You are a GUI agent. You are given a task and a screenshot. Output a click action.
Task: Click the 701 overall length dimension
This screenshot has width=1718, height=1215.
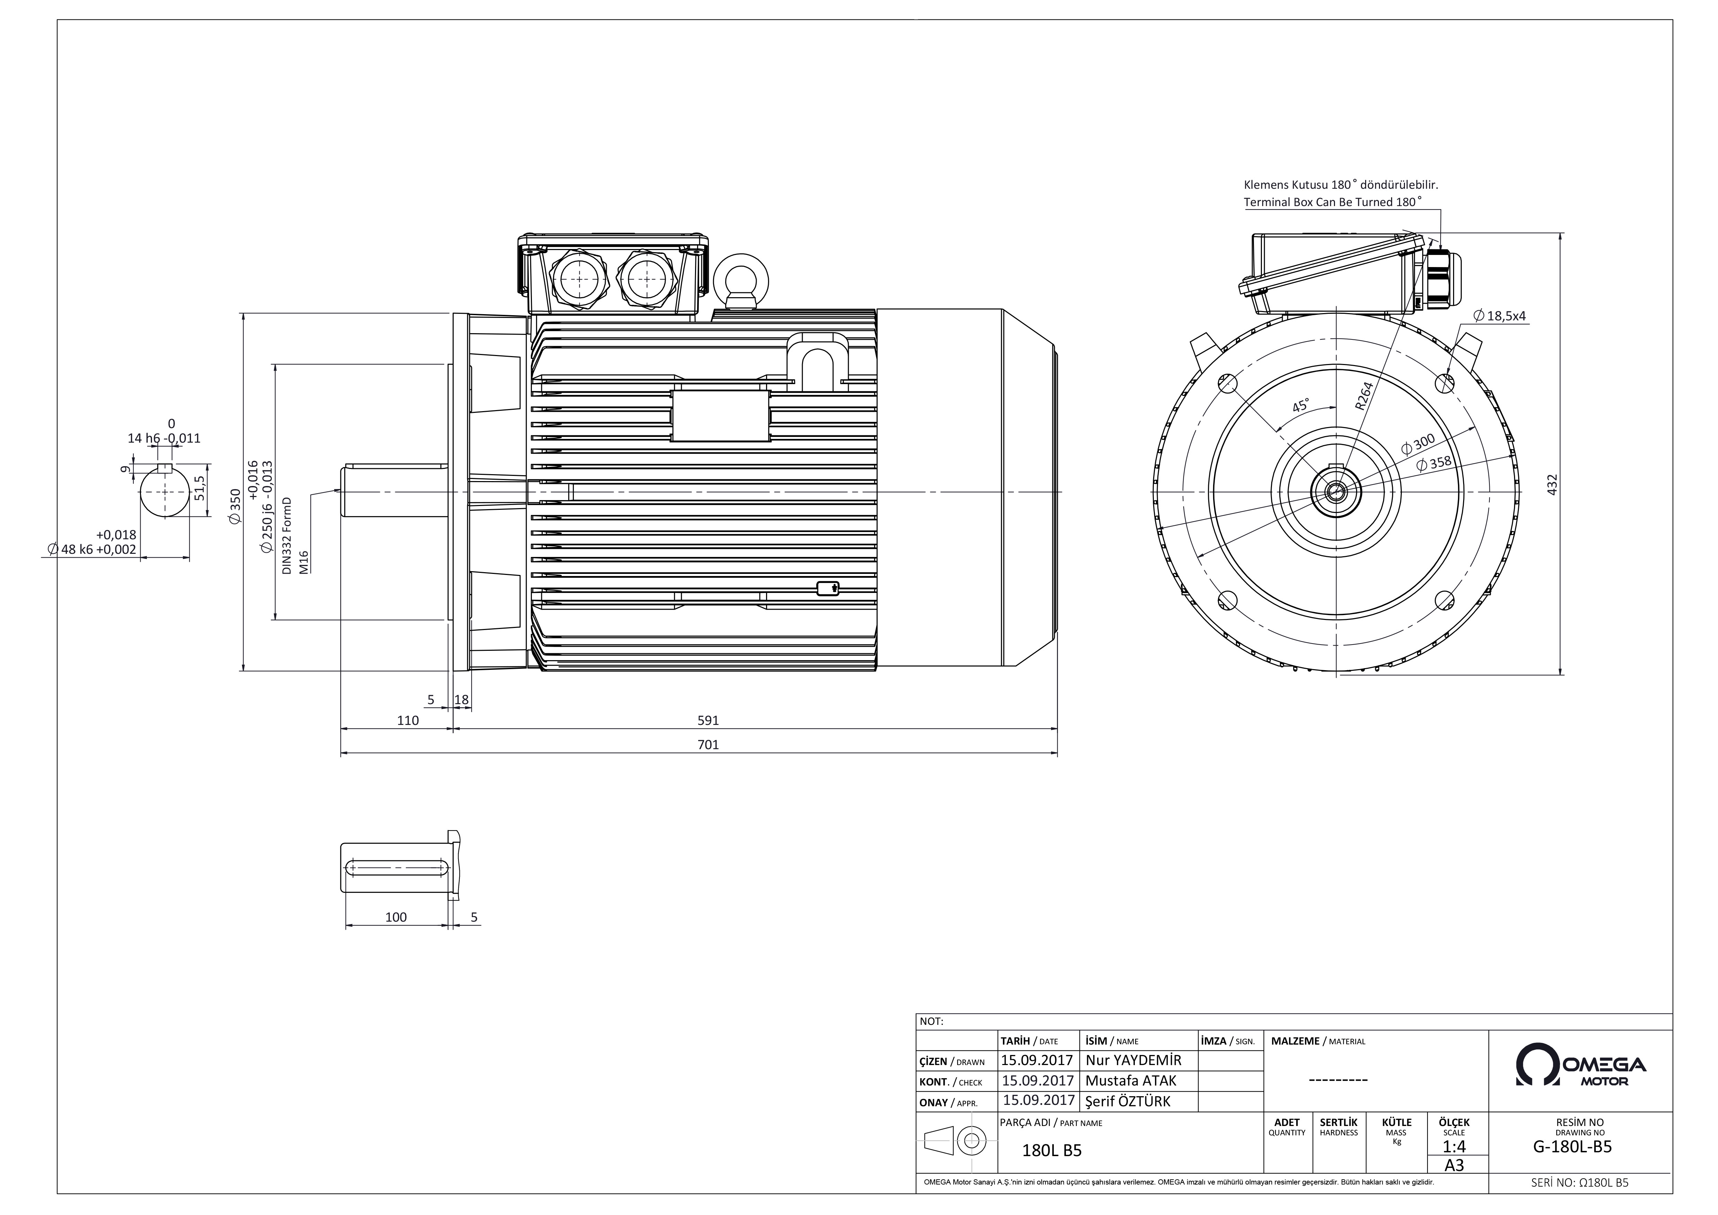point(708,744)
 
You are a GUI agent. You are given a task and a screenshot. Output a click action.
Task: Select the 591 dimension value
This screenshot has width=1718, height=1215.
point(708,720)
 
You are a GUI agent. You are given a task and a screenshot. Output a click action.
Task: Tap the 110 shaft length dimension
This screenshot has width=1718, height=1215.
point(408,720)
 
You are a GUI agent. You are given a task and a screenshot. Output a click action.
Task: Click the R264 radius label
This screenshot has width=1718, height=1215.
point(1364,396)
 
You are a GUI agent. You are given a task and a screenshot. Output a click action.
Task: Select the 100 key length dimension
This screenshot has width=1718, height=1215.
point(396,917)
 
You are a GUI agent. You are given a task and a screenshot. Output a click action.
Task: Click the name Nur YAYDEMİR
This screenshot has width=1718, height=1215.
point(1133,1060)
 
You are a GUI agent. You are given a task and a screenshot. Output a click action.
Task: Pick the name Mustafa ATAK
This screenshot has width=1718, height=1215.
point(1131,1080)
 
